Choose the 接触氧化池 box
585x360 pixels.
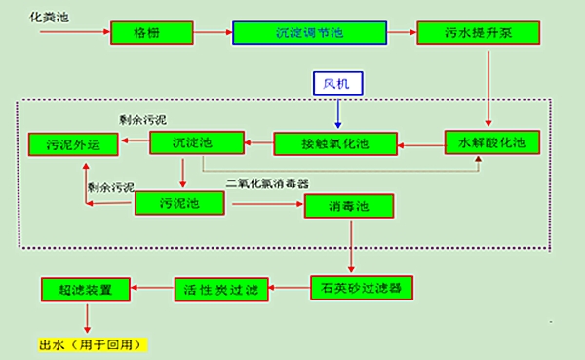pyautogui.click(x=334, y=144)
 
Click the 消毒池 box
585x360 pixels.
pyautogui.click(x=348, y=206)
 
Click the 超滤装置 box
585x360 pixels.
pyautogui.click(x=86, y=289)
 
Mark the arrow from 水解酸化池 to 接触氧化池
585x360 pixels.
pyautogui.click(x=420, y=144)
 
